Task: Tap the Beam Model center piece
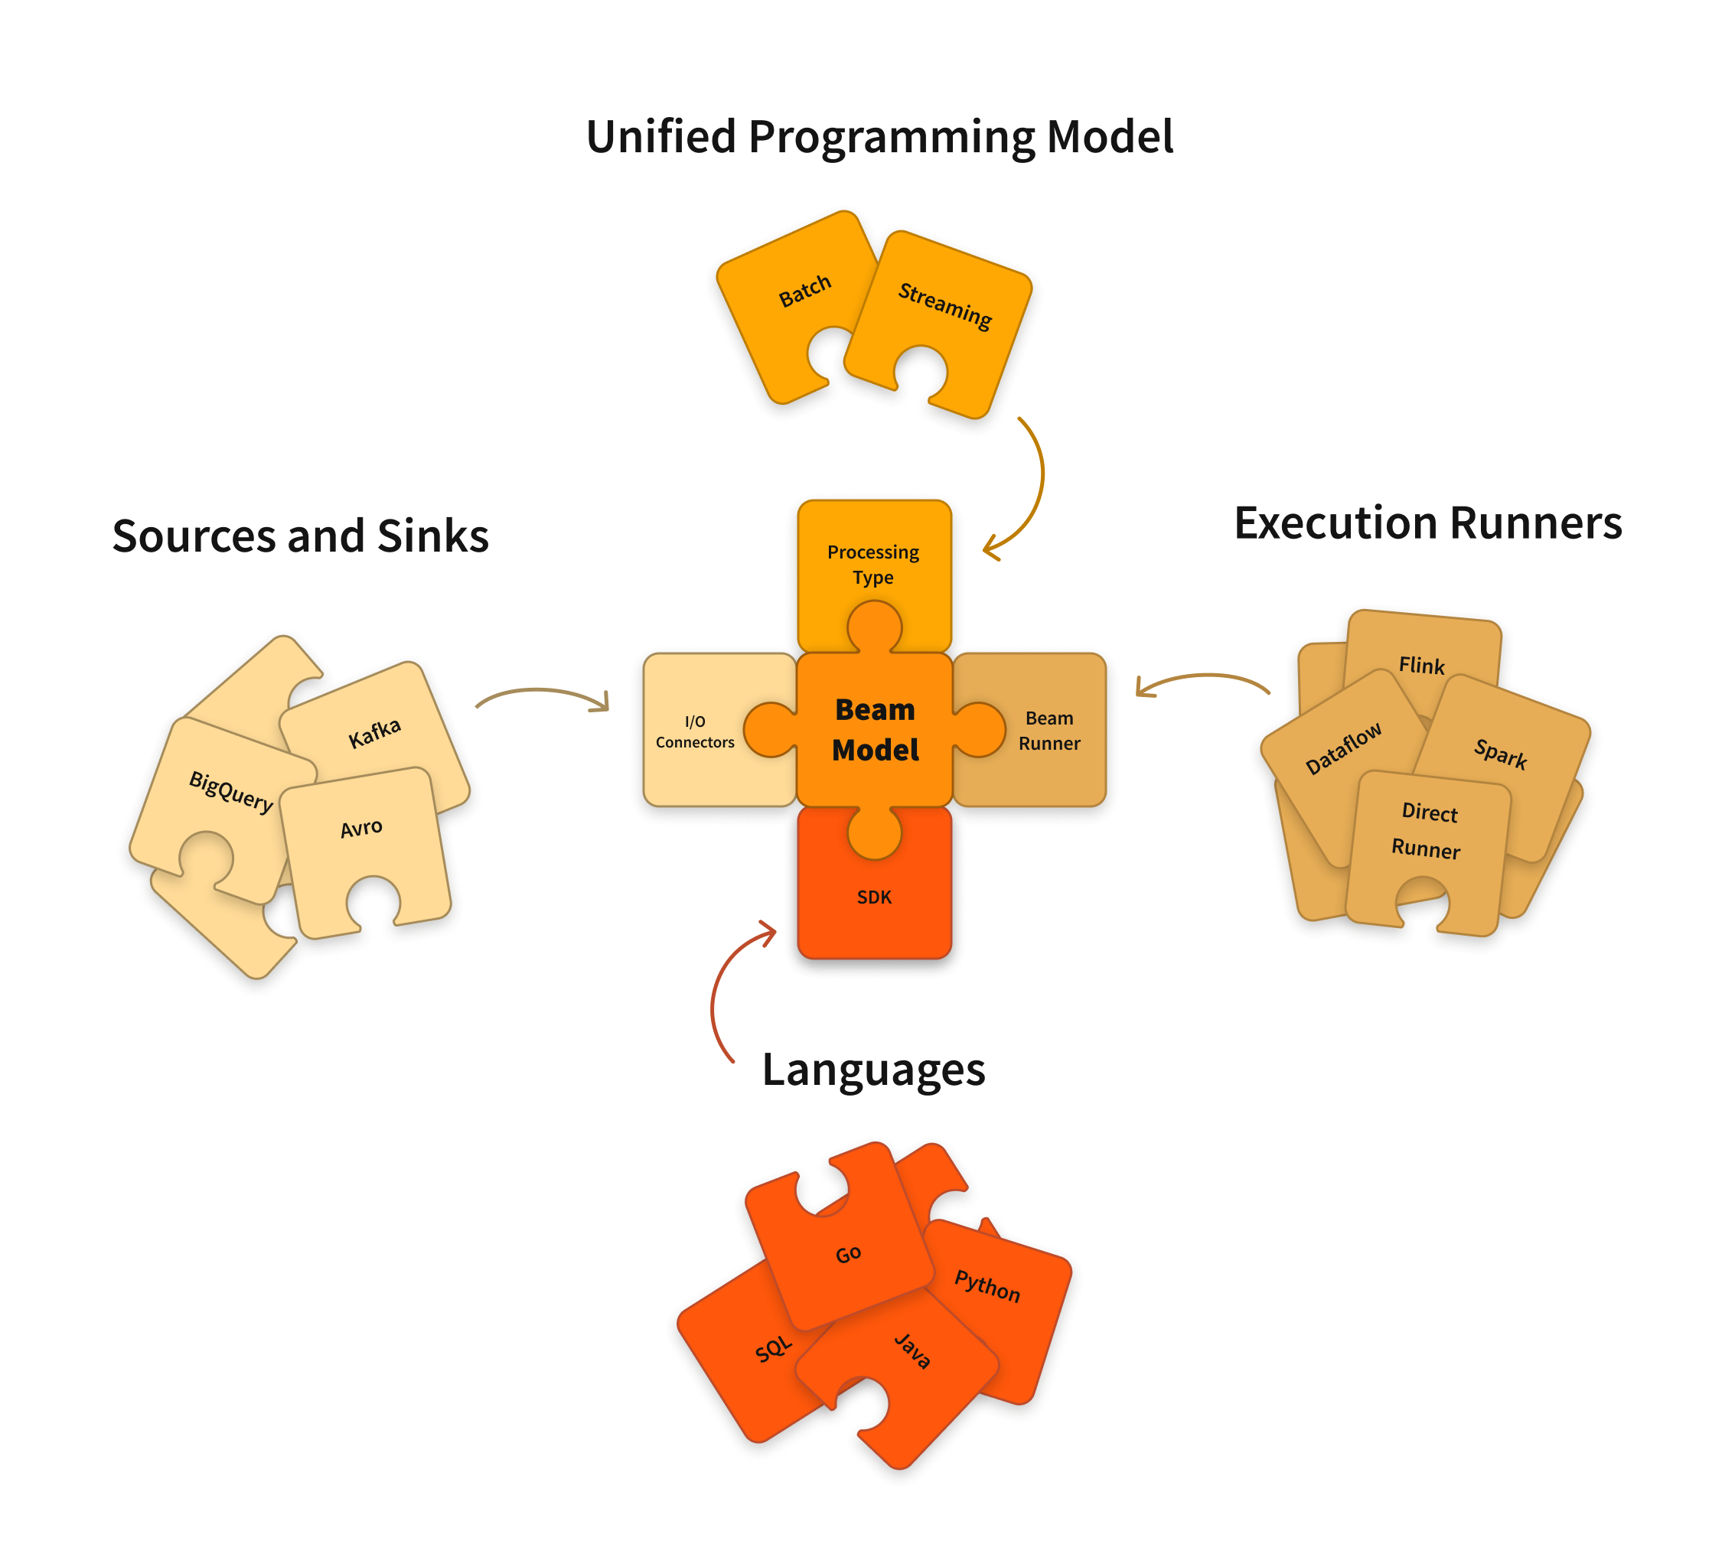pos(874,729)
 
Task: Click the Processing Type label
pos(873,564)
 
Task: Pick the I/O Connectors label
pos(694,731)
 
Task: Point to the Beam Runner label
pos(1049,730)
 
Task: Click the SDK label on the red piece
pos(874,897)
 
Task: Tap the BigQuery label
pos(230,791)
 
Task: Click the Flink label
pos(1420,665)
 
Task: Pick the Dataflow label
pos(1342,748)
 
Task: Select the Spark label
pos(1499,753)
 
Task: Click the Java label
pos(912,1350)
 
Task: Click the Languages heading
pos(873,1070)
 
